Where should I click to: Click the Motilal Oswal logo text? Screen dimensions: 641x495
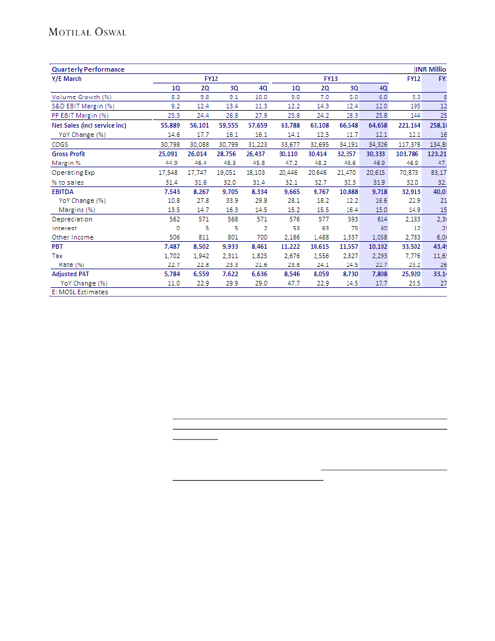pyautogui.click(x=87, y=32)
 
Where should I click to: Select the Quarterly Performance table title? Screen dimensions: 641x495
pyautogui.click(x=88, y=69)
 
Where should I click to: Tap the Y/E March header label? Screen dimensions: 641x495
pyautogui.click(x=67, y=79)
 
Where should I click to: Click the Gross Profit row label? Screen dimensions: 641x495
pyautogui.click(x=69, y=154)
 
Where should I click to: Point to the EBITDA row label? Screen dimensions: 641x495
pyautogui.click(x=63, y=191)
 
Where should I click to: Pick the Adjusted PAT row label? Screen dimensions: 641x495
pyautogui.click(x=72, y=274)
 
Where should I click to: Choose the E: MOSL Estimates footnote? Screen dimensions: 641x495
pyautogui.click(x=80, y=292)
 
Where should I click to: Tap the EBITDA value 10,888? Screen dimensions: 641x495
pyautogui.click(x=347, y=191)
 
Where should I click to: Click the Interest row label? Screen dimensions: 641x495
pyautogui.click(x=64, y=228)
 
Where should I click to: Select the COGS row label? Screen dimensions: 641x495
pyautogui.click(x=60, y=144)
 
